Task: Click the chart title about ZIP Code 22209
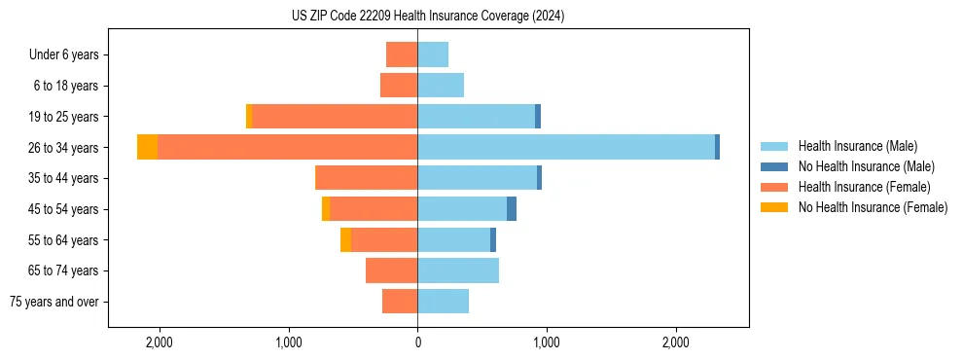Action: coord(427,17)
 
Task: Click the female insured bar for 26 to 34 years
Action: coord(287,147)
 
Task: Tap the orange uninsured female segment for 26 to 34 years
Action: coord(147,147)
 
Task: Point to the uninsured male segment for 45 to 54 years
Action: coord(512,209)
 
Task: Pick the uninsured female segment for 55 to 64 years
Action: coord(346,239)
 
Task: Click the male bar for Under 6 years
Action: coord(433,54)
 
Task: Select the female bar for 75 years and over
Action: coord(400,302)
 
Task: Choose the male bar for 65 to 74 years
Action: coord(458,270)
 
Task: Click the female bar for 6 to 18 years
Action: coord(399,86)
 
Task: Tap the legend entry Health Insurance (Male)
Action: coord(856,146)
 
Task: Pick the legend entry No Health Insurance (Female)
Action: coord(873,207)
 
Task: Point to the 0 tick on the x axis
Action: coord(417,342)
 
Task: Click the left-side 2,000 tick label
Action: coord(159,342)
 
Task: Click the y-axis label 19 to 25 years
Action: coord(65,117)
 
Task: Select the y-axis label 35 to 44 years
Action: coord(65,178)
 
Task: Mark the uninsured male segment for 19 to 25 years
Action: coord(538,117)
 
